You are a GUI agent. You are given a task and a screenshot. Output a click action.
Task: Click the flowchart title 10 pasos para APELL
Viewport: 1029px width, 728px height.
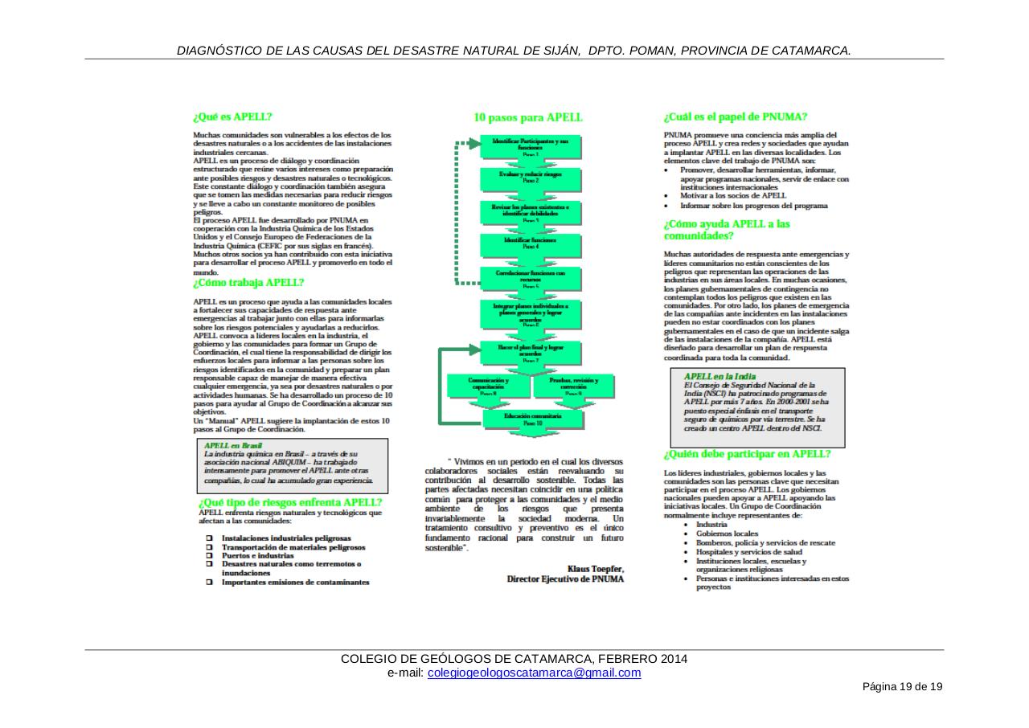(x=528, y=117)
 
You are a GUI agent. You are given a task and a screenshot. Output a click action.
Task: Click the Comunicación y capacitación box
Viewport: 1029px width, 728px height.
(x=488, y=386)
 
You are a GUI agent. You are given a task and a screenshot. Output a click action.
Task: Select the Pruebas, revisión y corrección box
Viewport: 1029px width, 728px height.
(x=573, y=386)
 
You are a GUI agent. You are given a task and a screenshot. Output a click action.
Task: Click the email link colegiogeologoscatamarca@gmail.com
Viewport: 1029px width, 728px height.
(x=534, y=673)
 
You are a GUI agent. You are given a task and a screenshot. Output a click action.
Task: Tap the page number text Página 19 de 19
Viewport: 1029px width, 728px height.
(x=902, y=687)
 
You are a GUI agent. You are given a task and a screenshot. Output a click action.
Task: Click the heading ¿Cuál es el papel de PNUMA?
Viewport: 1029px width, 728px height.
(x=736, y=116)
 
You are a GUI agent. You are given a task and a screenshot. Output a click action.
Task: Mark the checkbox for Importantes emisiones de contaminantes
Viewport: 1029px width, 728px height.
(x=208, y=582)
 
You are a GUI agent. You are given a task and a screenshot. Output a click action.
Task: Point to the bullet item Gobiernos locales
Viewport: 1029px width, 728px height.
(x=727, y=534)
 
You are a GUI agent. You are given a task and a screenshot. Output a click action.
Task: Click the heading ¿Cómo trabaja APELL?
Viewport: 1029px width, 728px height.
(x=248, y=283)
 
